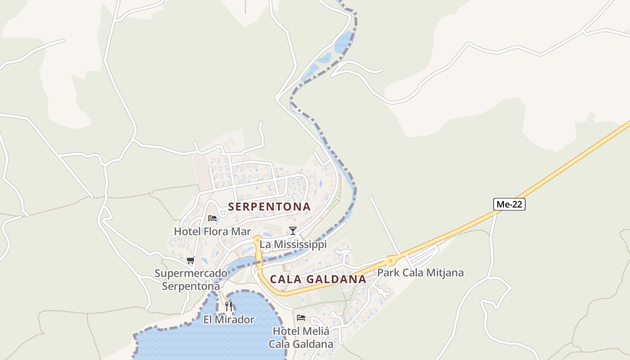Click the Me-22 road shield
pyautogui.click(x=509, y=204)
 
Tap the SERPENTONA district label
pyautogui.click(x=269, y=207)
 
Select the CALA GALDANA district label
pyautogui.click(x=318, y=279)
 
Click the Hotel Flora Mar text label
pyautogui.click(x=212, y=232)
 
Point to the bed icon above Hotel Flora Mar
pyautogui.click(x=212, y=218)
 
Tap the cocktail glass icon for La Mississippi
pyautogui.click(x=293, y=231)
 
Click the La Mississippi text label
pyautogui.click(x=293, y=244)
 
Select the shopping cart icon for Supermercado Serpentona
pyautogui.click(x=190, y=260)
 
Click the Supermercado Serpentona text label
pyautogui.click(x=191, y=279)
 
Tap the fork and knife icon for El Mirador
pyautogui.click(x=229, y=306)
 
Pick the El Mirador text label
pyautogui.click(x=229, y=320)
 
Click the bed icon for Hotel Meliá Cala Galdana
pyautogui.click(x=301, y=318)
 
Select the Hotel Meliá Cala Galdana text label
pyautogui.click(x=301, y=337)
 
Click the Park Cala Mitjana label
pyautogui.click(x=420, y=273)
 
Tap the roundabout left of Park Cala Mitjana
pyautogui.click(x=390, y=260)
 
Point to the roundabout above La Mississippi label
pyautogui.click(x=258, y=238)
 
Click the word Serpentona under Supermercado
pyautogui.click(x=191, y=286)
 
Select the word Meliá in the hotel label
pyautogui.click(x=315, y=331)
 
